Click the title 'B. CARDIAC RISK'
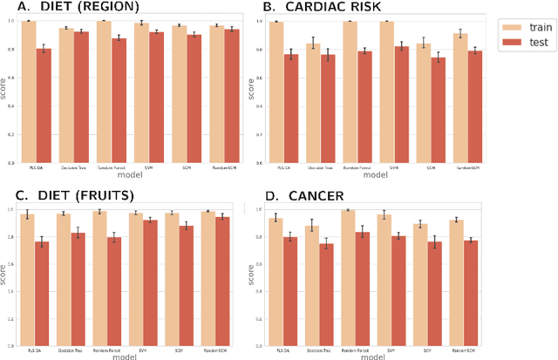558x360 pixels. point(323,9)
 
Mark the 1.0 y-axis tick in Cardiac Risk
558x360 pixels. point(262,21)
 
